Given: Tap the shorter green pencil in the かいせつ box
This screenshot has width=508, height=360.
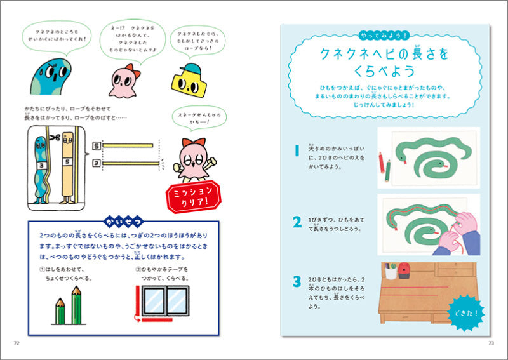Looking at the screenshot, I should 62,310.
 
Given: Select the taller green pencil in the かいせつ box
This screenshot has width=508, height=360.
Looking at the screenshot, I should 77,305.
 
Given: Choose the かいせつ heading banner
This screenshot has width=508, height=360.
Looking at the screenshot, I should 122,222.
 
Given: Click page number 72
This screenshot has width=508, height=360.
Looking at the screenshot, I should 17,343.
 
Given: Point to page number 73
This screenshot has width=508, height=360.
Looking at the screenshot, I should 490,343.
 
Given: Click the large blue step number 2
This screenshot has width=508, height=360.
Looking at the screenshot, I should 297,222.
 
